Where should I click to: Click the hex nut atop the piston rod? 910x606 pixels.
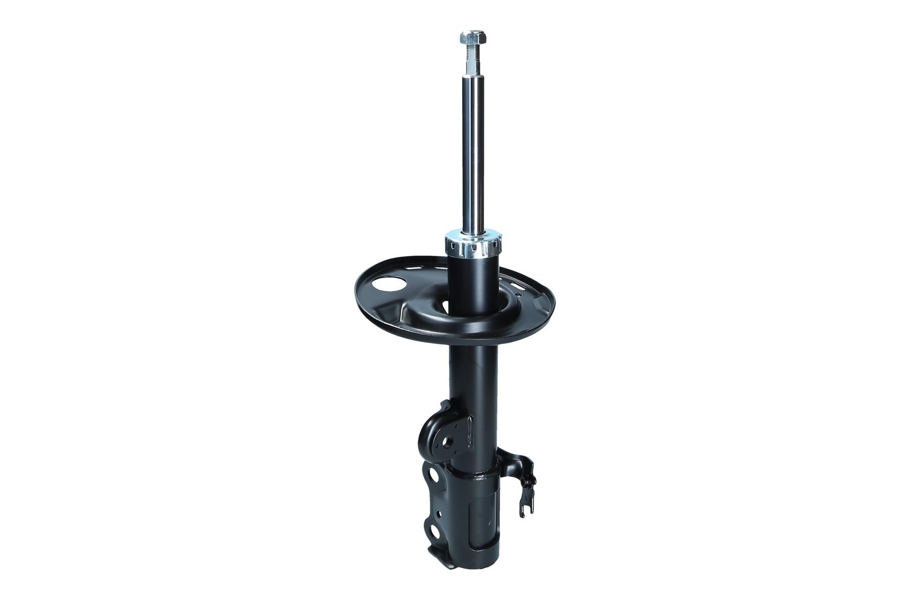point(473,37)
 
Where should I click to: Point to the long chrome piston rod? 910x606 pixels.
point(473,151)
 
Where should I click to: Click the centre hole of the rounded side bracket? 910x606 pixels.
point(448,441)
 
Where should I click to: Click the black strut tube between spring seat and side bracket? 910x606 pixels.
point(470,374)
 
